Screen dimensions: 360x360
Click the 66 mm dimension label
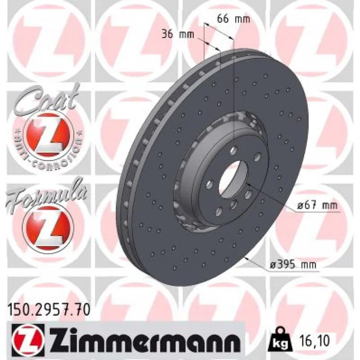(234, 19)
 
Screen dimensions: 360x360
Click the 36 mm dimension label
(178, 35)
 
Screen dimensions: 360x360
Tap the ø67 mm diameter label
(318, 205)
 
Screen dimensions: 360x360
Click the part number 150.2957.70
(49, 310)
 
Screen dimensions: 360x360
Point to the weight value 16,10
(314, 341)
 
